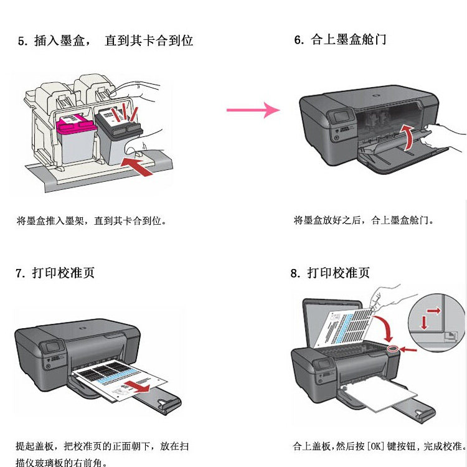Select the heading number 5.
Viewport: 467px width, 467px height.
click(22, 41)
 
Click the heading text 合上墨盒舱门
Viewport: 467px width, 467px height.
click(349, 40)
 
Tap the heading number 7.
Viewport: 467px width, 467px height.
click(20, 273)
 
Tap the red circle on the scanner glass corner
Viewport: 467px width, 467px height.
click(392, 351)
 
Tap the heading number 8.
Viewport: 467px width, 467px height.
click(295, 273)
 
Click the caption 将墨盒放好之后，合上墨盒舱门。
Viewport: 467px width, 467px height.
click(364, 220)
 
